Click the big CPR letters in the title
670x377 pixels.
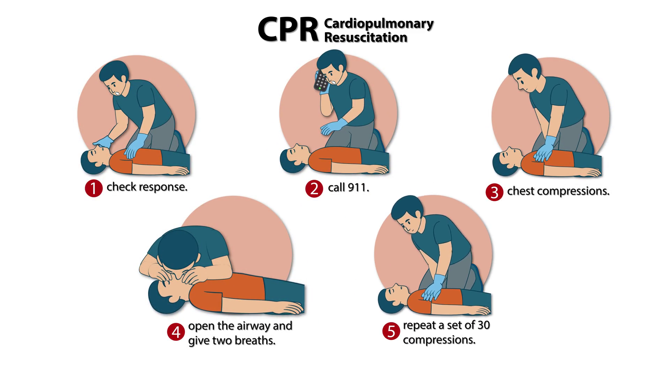[288, 30]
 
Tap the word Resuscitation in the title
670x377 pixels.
[366, 37]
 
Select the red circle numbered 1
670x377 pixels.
[94, 188]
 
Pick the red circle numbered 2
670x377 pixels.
[314, 189]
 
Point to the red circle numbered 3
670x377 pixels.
[494, 192]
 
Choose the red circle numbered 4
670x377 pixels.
[176, 332]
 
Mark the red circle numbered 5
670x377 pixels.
[391, 331]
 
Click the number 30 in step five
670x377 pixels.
[484, 325]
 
